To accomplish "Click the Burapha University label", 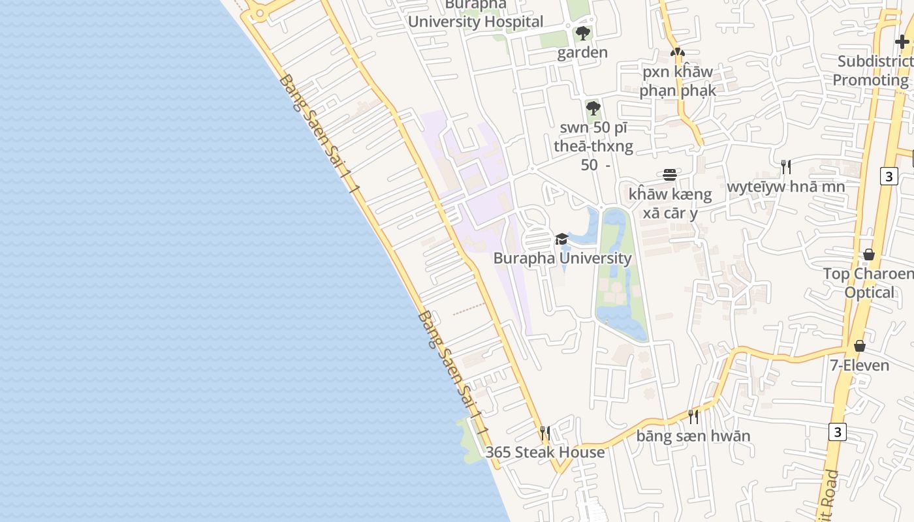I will click(562, 258).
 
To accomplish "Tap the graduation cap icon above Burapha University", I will click(561, 239).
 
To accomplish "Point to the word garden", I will click(582, 52).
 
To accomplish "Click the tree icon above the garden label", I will click(583, 33).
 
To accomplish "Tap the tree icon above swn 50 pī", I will click(593, 108).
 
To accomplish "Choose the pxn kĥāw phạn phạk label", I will click(678, 81).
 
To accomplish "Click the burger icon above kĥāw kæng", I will click(670, 175).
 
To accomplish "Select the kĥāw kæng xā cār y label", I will click(670, 204).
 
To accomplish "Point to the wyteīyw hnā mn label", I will click(786, 187).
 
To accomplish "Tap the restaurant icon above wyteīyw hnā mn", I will click(786, 167).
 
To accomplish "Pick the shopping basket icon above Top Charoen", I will click(869, 254).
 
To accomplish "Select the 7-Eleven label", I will click(860, 365).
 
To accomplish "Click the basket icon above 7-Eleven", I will click(860, 346).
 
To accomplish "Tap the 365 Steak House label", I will click(545, 452).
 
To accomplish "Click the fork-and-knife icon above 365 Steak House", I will click(545, 433).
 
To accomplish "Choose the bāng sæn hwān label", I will click(693, 435).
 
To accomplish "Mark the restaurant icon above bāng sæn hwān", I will click(693, 416).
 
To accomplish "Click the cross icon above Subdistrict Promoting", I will click(902, 42).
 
